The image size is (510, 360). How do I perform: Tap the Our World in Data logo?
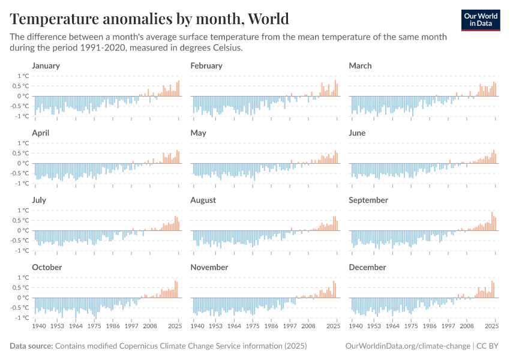pos(480,20)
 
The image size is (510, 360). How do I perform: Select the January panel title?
pos(46,65)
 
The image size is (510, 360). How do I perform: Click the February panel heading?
pos(206,65)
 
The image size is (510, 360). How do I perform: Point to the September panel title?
pos(368,200)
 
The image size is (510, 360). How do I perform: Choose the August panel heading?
pos(203,200)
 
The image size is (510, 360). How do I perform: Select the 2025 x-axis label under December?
pos(491,326)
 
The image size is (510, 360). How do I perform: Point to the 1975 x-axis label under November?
pos(254,326)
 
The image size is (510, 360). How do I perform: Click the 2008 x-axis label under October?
pos(149,326)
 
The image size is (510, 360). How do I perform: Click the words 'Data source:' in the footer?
pos(31,346)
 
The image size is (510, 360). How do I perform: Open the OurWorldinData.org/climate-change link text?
pos(407,346)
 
